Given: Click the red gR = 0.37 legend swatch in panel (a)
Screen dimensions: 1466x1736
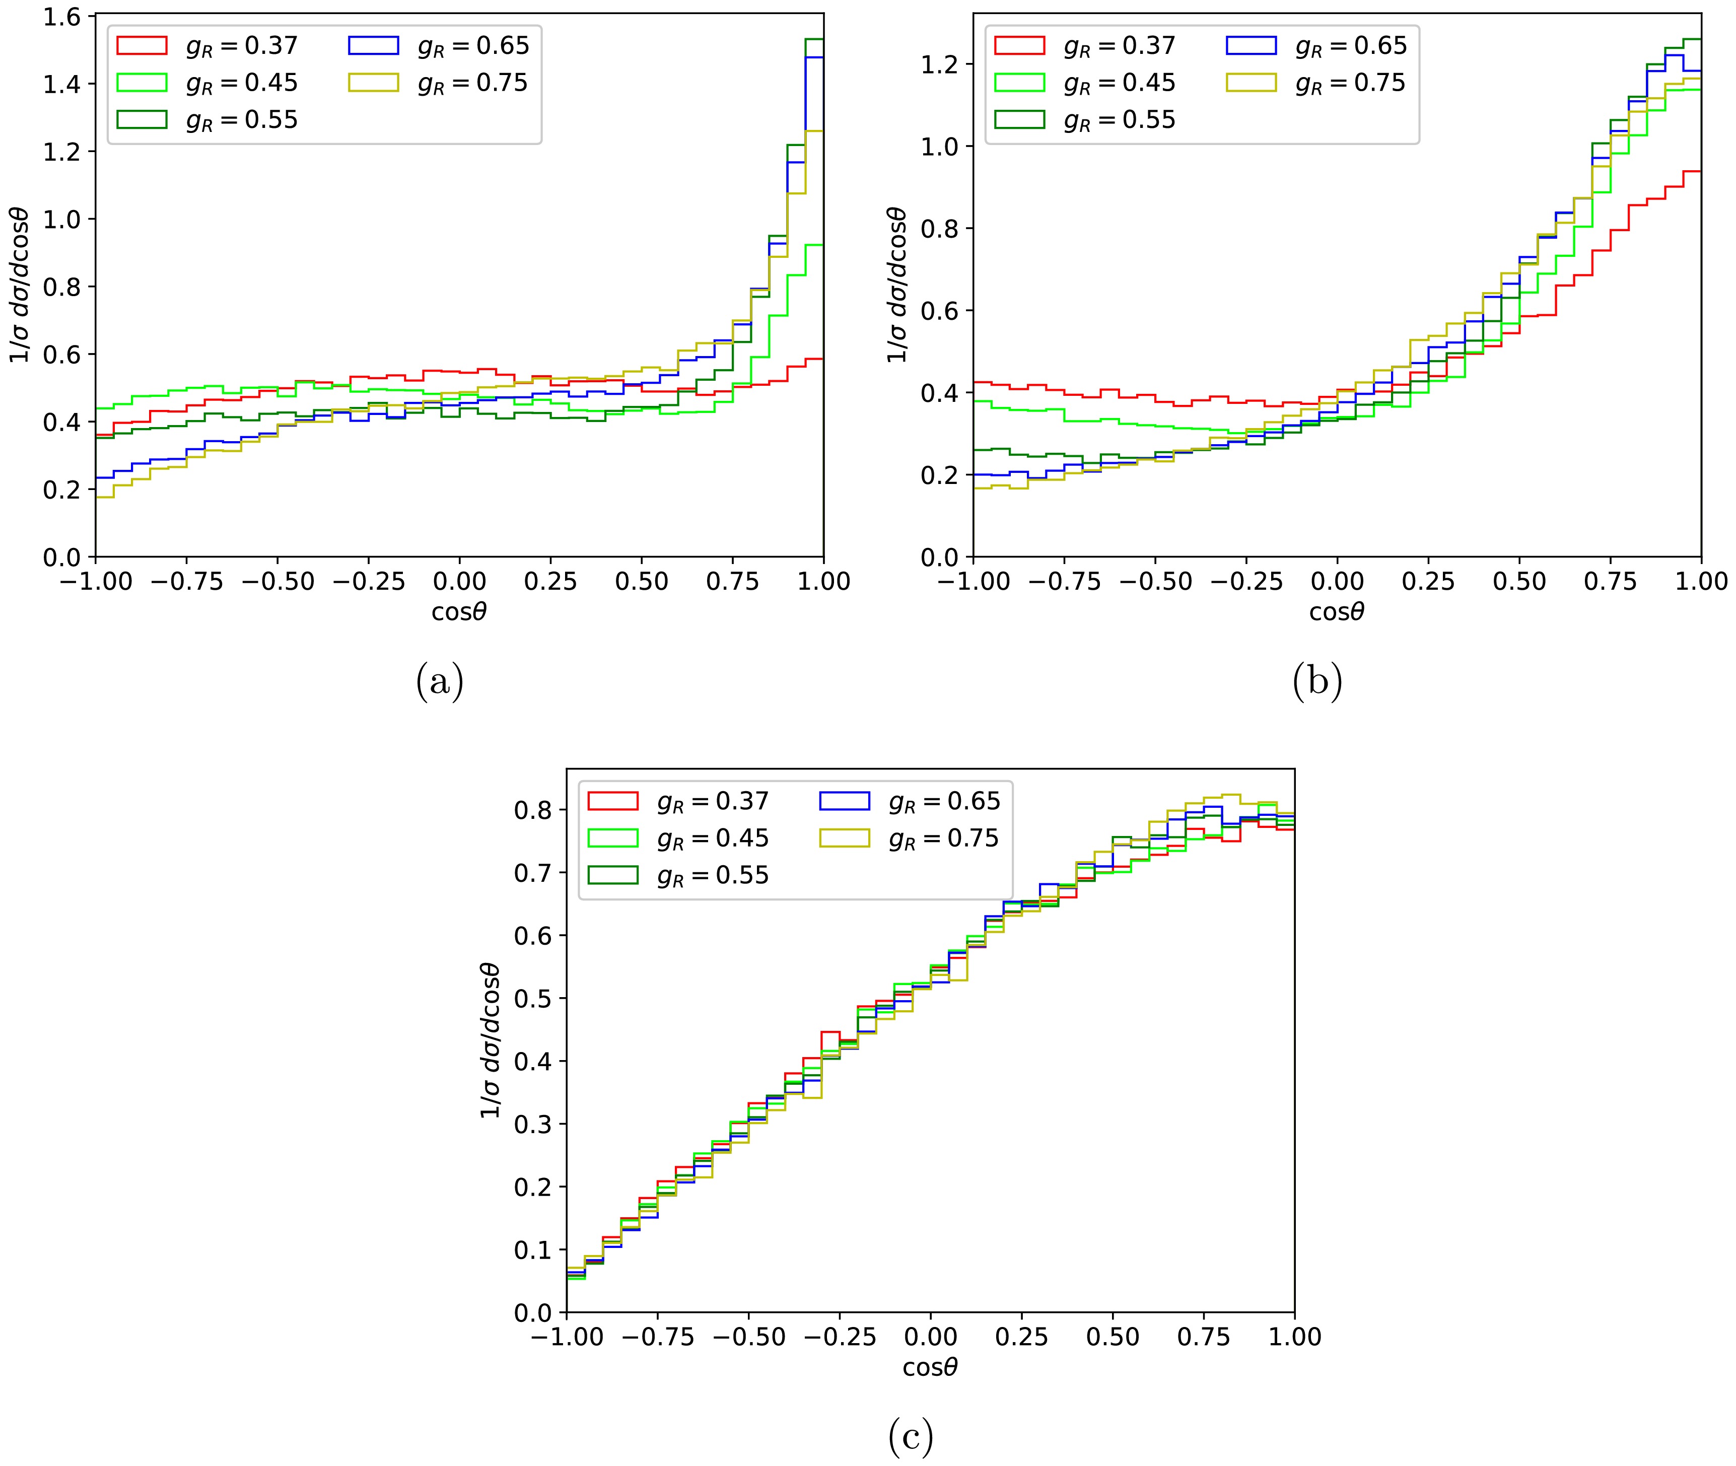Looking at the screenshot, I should pyautogui.click(x=142, y=45).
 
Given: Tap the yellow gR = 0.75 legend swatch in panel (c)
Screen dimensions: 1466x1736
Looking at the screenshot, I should pyautogui.click(x=844, y=837).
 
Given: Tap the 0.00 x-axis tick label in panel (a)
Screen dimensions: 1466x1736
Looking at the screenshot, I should pyautogui.click(x=459, y=582).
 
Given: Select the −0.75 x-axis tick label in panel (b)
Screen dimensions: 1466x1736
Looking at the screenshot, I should pyautogui.click(x=1064, y=582).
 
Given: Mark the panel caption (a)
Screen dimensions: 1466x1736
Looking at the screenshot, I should pyautogui.click(x=440, y=682).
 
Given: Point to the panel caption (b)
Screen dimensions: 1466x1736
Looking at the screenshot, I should pyautogui.click(x=1317, y=682).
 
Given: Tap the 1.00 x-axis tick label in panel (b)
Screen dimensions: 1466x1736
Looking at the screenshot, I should pyautogui.click(x=1699, y=582).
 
